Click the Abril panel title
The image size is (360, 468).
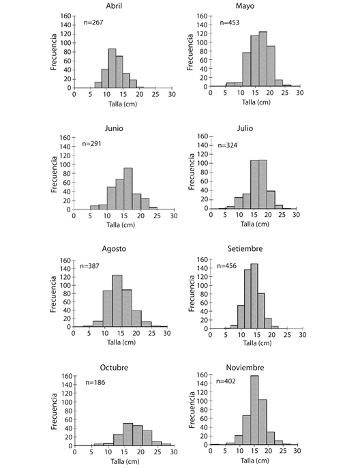click(x=114, y=6)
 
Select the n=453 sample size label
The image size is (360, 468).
click(x=230, y=23)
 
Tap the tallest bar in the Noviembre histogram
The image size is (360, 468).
click(x=254, y=410)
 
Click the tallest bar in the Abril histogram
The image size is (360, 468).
click(x=112, y=68)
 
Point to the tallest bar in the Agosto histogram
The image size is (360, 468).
click(x=117, y=301)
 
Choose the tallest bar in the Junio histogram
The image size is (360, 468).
click(x=128, y=188)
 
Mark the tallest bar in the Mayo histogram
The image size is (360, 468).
click(x=262, y=59)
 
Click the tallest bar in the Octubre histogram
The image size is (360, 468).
click(x=128, y=435)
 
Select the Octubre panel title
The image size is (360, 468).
click(x=114, y=368)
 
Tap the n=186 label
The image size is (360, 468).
click(x=95, y=382)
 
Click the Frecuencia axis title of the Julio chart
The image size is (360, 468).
click(x=192, y=171)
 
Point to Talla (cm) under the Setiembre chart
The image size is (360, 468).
click(x=257, y=343)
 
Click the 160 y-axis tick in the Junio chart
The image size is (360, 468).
click(x=65, y=138)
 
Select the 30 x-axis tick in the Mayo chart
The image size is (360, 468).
click(x=300, y=93)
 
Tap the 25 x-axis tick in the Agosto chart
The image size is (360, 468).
click(x=152, y=333)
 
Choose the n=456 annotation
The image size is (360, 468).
click(x=226, y=266)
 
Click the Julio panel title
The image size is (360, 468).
click(x=245, y=128)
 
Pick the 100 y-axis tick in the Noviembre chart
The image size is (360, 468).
click(x=202, y=401)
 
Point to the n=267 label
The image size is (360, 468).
click(x=93, y=23)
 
